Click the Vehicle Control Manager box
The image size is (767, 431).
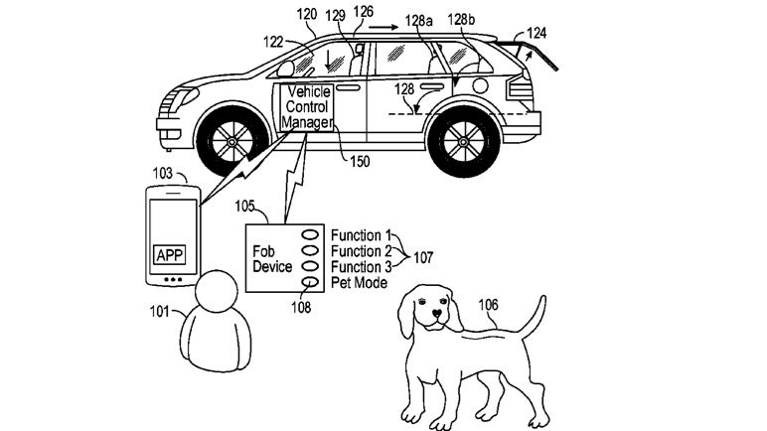coord(307,108)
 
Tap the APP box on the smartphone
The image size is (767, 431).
coord(169,253)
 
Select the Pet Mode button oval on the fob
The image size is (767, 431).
coord(310,283)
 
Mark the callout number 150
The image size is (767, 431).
coord(355,161)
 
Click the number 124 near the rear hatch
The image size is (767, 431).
coord(536,33)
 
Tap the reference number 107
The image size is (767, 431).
coord(423,257)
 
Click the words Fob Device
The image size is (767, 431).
coord(271,259)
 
